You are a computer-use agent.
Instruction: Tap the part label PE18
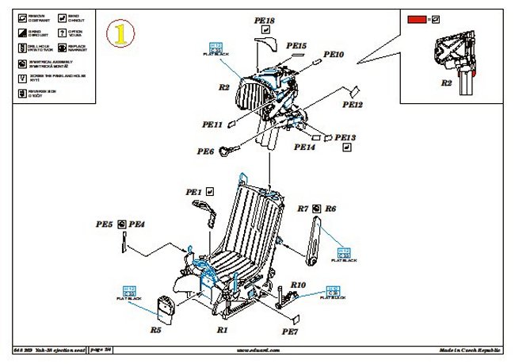(265, 21)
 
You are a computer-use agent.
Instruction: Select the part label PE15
(295, 47)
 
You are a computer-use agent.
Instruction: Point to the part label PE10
(334, 55)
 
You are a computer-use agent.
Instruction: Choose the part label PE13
(346, 137)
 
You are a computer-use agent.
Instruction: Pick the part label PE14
(304, 147)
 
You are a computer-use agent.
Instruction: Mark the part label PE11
(212, 125)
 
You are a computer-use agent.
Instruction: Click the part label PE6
(206, 151)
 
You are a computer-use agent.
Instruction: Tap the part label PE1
(193, 192)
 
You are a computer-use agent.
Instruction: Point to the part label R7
(303, 209)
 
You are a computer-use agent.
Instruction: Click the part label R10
(298, 284)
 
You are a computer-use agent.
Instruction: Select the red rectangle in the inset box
(416, 17)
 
